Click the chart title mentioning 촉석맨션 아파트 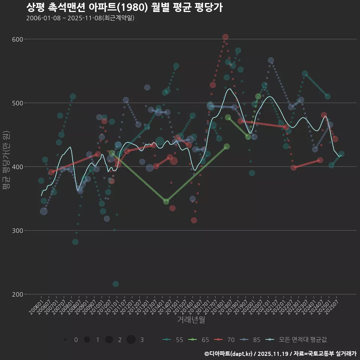click(124, 7)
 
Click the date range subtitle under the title click(80, 18)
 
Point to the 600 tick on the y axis click(18, 39)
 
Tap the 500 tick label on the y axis click(18, 103)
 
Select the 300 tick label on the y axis click(18, 231)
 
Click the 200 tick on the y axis click(18, 294)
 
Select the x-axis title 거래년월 click(191, 320)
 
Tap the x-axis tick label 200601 click(35, 308)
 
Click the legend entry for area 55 click(173, 340)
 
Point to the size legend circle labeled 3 click(131, 340)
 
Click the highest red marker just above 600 click(225, 37)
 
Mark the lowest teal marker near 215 click(115, 284)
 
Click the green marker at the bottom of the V click(166, 201)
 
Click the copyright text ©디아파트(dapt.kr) click(228, 354)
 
